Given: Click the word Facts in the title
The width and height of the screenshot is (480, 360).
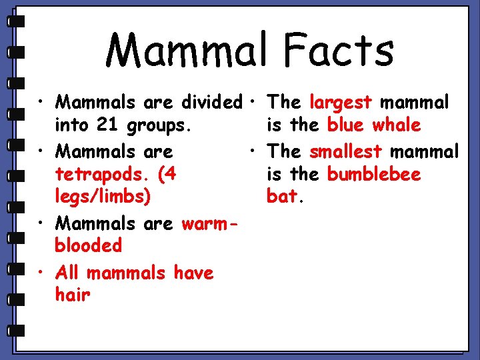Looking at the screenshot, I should click(x=338, y=51).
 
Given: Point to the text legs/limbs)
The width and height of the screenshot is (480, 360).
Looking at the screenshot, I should click(x=103, y=197).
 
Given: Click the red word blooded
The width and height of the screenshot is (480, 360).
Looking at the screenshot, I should click(x=89, y=245).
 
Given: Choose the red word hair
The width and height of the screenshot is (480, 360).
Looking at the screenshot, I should click(x=73, y=295).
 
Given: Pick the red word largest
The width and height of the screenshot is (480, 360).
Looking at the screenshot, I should click(x=341, y=103).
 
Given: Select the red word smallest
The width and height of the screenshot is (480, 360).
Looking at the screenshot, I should click(x=345, y=151).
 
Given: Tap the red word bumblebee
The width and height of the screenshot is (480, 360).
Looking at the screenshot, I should click(x=374, y=175).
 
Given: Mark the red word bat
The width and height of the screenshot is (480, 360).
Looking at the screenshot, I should click(x=282, y=197).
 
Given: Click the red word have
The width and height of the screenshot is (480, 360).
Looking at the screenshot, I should click(x=193, y=273).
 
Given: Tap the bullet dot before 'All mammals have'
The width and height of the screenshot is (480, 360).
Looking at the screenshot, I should click(x=41, y=272).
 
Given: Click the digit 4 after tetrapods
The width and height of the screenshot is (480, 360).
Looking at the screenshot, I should click(x=170, y=175).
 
